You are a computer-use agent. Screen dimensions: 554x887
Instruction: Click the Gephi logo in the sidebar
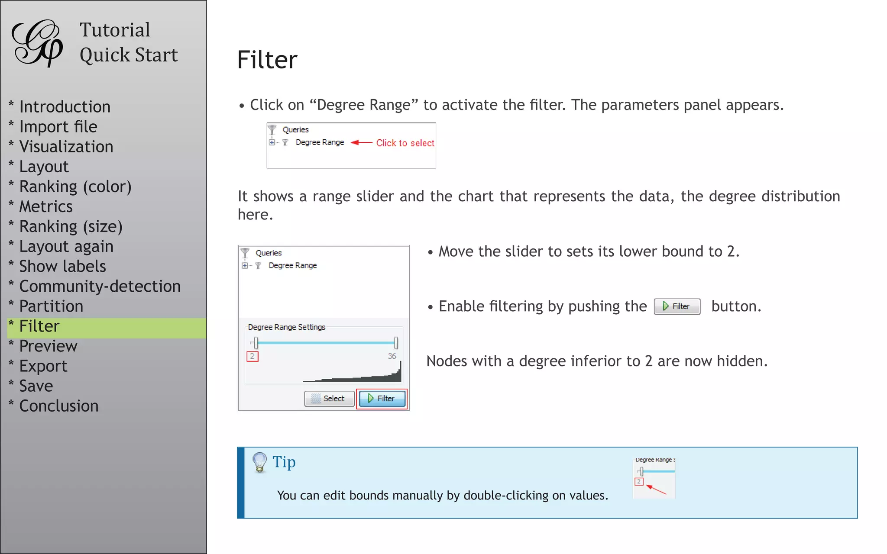click(38, 43)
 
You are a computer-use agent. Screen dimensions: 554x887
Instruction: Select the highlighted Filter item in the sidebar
click(39, 326)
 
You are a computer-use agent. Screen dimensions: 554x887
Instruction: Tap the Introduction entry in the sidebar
click(65, 107)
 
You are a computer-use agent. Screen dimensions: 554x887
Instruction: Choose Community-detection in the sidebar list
click(100, 287)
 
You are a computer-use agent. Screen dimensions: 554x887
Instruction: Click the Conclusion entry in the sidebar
click(59, 406)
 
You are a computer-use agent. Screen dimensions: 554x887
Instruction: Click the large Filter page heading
click(267, 60)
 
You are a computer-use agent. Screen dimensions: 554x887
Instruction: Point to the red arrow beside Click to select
click(361, 142)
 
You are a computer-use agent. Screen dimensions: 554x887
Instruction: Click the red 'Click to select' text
click(405, 143)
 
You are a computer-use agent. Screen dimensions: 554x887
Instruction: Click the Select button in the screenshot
click(329, 398)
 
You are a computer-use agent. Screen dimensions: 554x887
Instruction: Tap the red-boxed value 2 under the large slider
click(252, 356)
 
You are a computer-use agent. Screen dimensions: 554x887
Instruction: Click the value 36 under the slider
click(392, 356)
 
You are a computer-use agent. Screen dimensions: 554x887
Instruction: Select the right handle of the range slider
click(396, 343)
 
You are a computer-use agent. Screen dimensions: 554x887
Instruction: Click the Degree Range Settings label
click(286, 327)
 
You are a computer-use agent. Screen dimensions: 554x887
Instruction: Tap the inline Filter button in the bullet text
click(677, 306)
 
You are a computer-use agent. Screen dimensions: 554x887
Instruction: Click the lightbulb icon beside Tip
click(259, 462)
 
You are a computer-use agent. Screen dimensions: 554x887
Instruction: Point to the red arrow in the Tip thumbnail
click(656, 490)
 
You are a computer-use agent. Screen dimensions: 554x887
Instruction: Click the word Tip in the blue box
click(284, 462)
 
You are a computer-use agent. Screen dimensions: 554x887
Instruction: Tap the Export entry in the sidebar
click(43, 366)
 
